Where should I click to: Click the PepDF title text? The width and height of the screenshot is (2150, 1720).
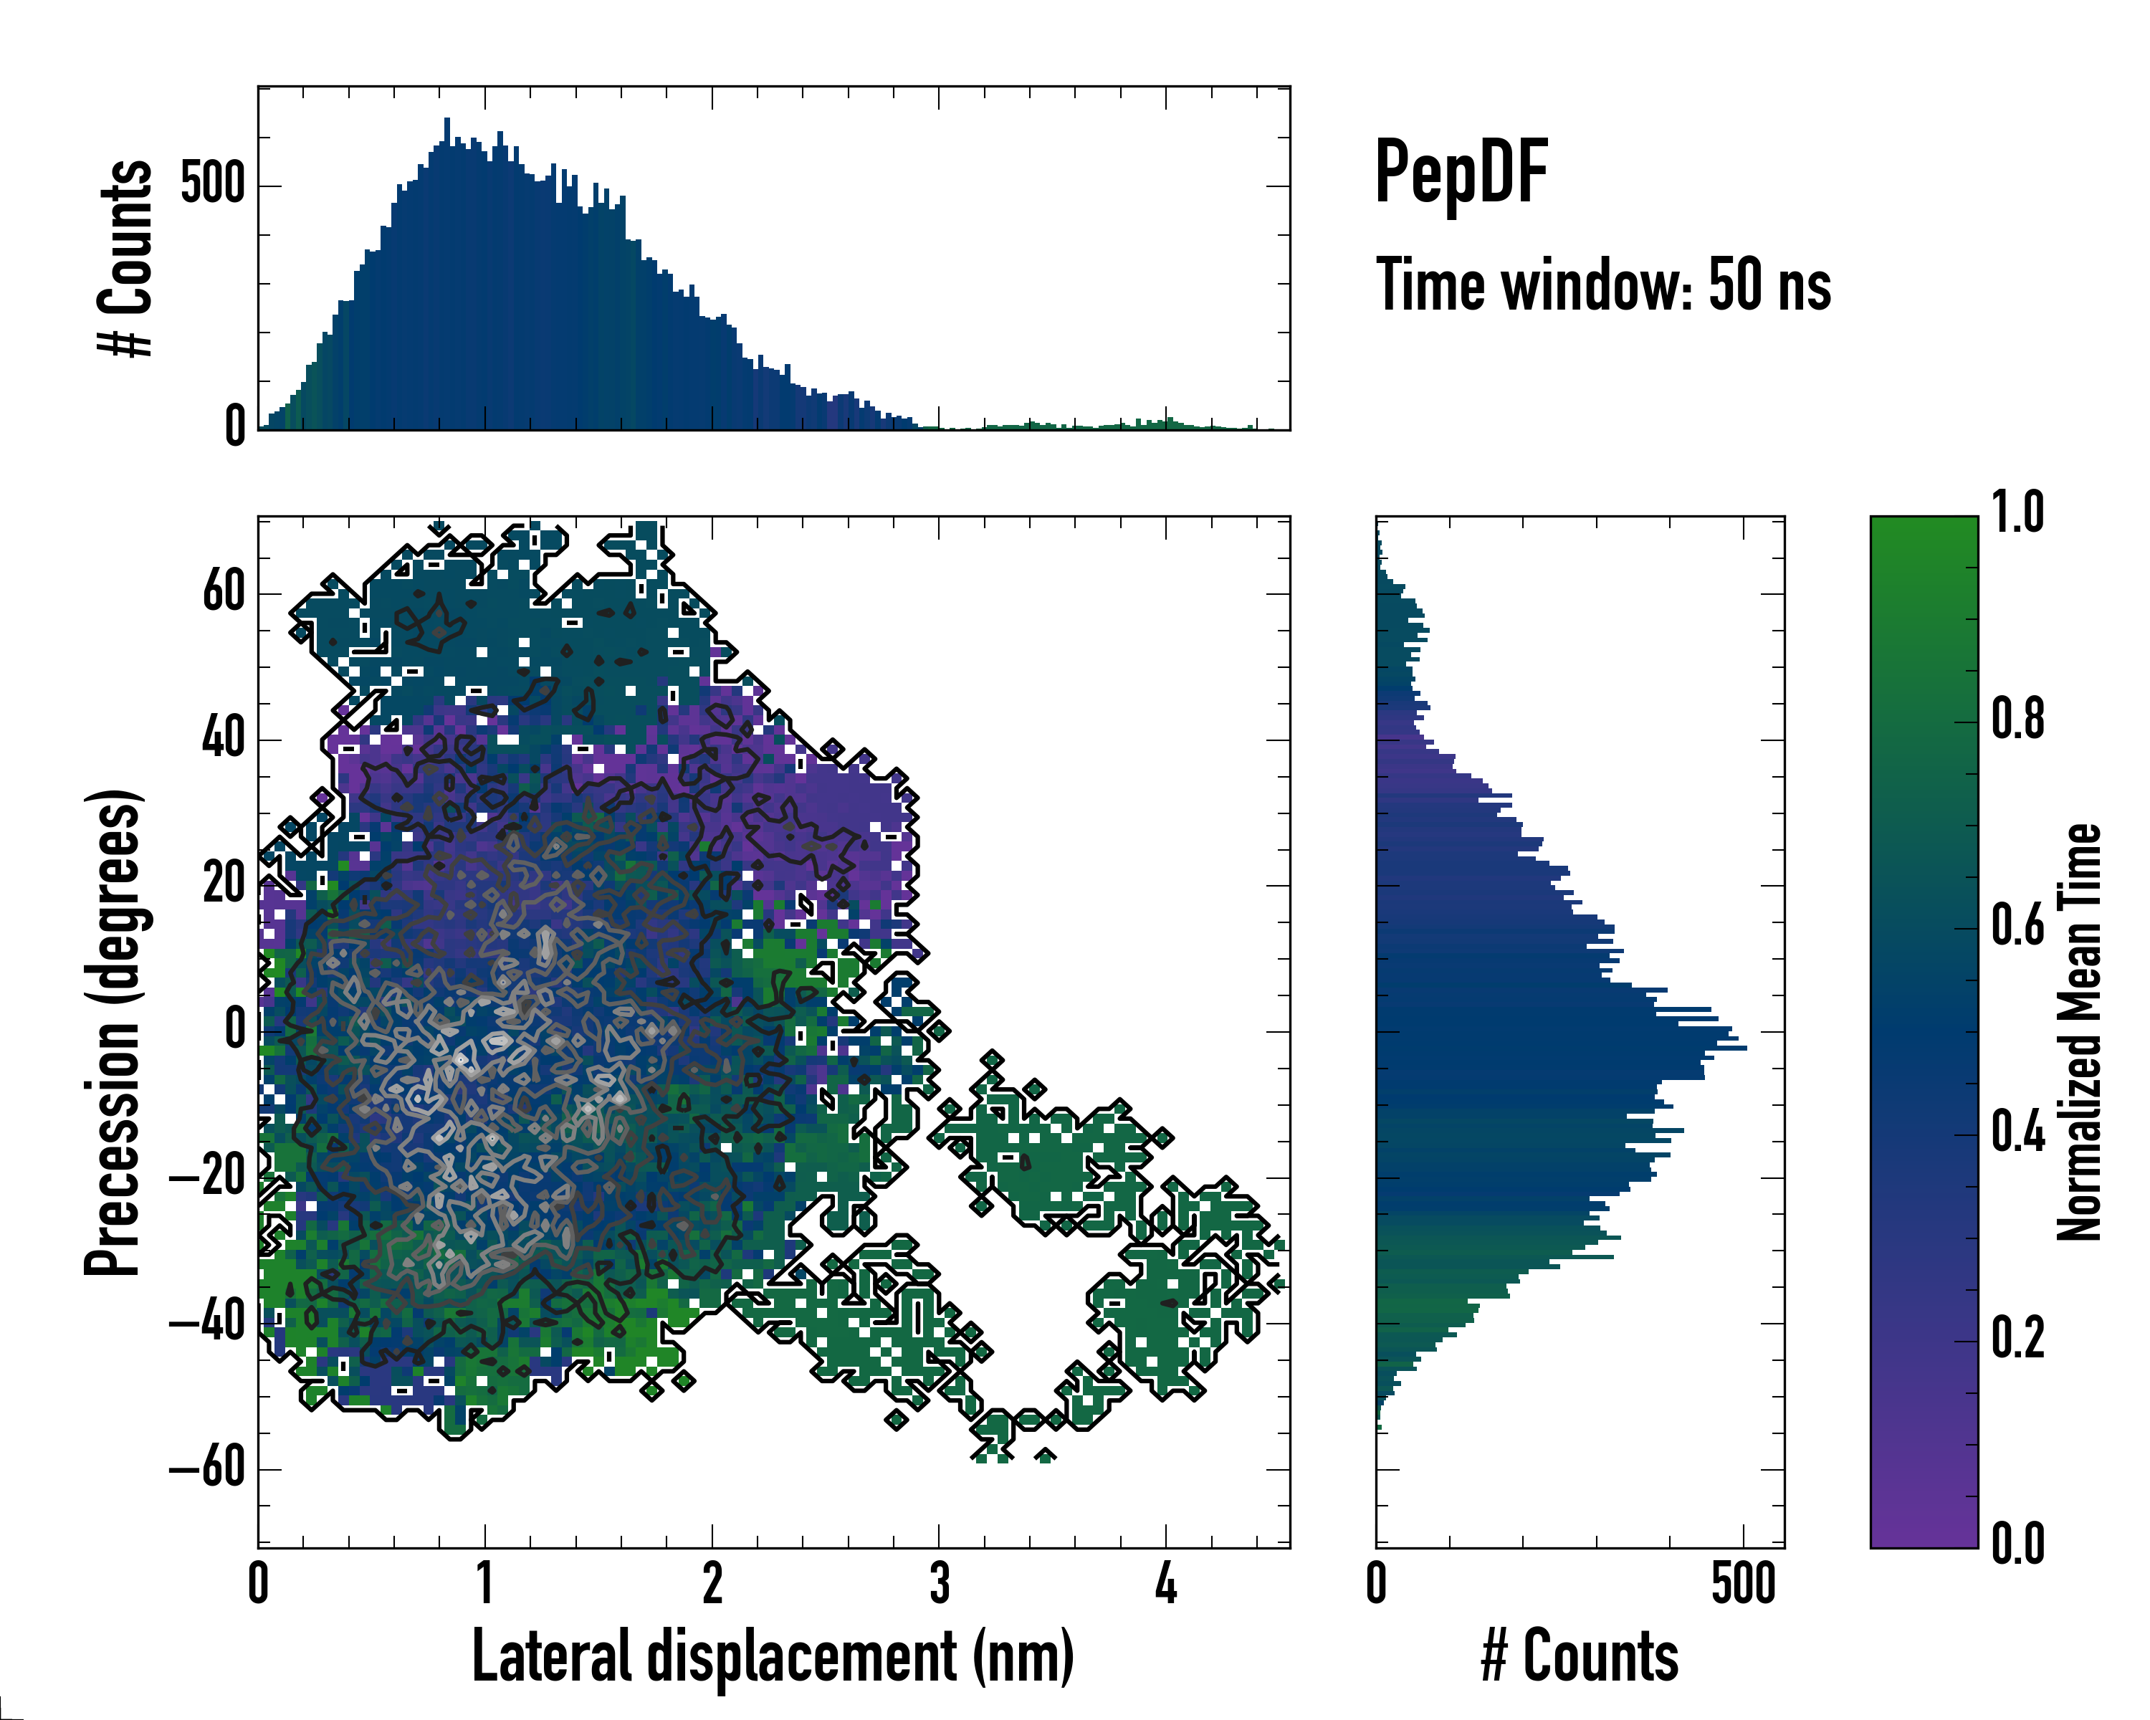coord(1460,173)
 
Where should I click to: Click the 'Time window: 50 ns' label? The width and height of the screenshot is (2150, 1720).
coord(1602,285)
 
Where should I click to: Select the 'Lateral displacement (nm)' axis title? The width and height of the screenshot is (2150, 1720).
coord(773,1656)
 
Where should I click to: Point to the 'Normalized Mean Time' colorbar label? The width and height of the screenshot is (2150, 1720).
coord(2078,1032)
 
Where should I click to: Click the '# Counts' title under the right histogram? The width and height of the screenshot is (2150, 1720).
coord(1580,1656)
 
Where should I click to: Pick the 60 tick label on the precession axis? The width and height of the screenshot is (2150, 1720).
coord(224,593)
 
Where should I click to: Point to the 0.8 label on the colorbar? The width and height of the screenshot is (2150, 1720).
coord(2017,720)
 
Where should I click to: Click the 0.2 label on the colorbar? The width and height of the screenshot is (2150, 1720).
coord(2017,1339)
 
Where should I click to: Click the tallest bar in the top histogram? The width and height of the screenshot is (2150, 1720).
coord(446,274)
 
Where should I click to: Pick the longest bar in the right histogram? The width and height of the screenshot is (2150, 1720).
coord(1561,1048)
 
